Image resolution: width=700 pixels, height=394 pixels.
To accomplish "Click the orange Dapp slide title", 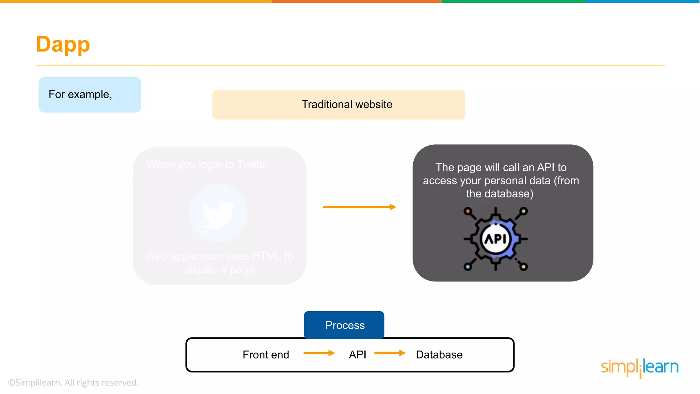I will point(63,44).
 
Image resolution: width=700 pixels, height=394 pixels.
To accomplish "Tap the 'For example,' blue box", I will point(90,94).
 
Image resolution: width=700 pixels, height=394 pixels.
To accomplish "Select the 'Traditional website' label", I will point(347,104).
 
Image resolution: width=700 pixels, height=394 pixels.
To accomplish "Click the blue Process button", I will point(344,325).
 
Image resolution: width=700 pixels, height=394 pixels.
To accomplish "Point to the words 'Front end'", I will point(266,355).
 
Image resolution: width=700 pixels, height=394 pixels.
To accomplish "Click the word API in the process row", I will point(357,355).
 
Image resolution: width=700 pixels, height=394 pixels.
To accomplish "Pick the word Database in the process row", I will point(439,355).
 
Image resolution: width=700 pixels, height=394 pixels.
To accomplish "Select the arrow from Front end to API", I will point(319,353).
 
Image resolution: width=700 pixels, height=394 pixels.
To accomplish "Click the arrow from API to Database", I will point(390,353).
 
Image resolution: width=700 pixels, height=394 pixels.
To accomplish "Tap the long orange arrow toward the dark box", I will point(359,207).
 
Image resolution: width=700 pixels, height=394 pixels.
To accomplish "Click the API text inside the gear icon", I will point(495,239).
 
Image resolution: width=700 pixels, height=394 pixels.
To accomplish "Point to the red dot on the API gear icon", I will point(468,211).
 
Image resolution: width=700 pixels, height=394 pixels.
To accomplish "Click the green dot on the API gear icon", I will point(523,211).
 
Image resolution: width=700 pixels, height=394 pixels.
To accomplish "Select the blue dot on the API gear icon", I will point(468,267).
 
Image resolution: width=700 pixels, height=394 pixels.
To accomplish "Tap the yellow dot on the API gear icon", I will point(523,267).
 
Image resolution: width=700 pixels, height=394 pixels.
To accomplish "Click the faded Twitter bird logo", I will point(218,213).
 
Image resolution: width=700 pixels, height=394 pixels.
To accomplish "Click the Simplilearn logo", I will point(640,367).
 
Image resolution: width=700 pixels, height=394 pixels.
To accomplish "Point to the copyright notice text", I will point(73,382).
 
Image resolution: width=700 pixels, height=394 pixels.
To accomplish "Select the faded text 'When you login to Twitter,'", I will point(208,165).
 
